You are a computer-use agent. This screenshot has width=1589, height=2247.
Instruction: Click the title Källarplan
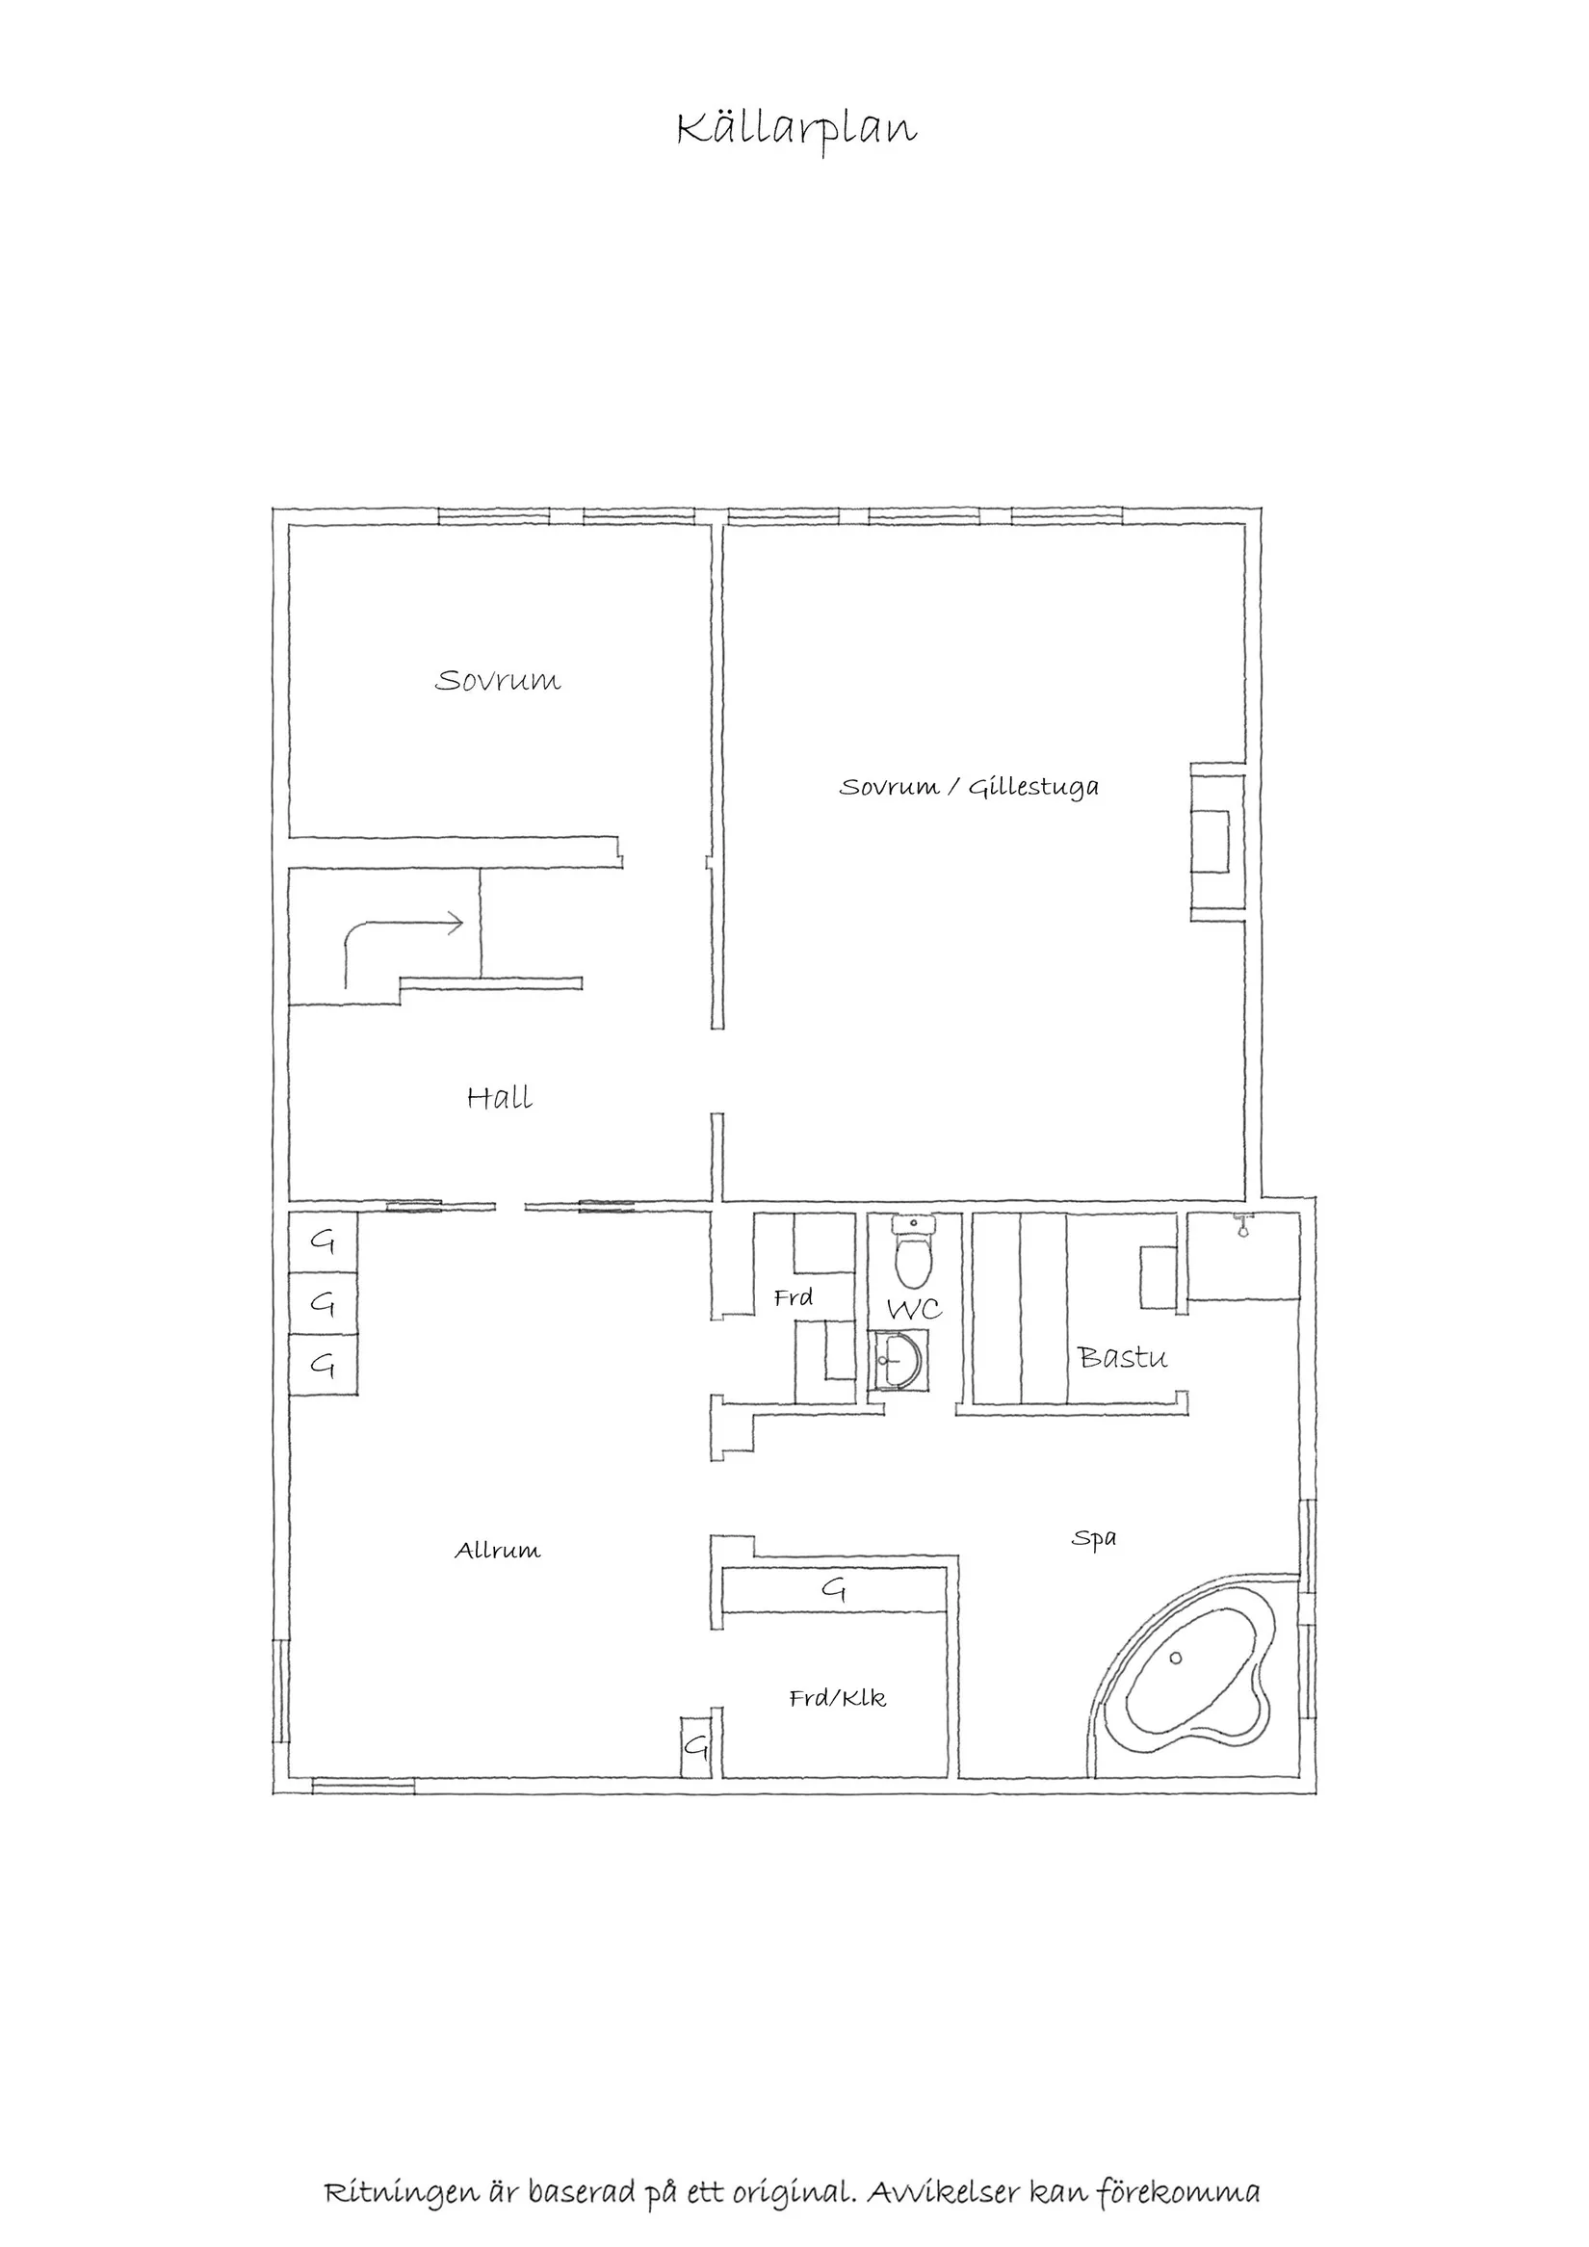796,129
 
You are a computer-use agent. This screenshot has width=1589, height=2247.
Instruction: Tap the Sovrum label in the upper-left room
497,680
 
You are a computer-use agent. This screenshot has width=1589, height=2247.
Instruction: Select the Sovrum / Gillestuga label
969,787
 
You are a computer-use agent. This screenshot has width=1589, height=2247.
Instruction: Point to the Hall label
499,1098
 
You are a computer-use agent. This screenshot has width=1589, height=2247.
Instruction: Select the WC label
914,1310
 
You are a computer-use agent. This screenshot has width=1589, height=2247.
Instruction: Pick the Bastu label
1122,1357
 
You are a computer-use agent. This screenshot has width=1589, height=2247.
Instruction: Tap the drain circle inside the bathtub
1175,1657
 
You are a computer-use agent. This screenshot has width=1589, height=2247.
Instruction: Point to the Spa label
1093,1538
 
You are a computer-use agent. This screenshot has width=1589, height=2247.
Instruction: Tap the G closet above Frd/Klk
834,1589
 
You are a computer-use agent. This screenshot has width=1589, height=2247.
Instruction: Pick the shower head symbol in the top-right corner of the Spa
1241,1225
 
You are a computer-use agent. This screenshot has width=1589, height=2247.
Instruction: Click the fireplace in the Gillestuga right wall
1213,842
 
